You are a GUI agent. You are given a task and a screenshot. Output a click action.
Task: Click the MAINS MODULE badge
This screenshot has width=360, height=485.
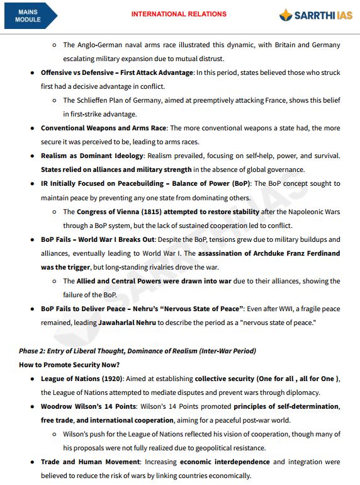[x=28, y=16]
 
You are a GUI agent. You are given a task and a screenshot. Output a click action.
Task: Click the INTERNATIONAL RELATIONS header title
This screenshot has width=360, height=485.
[x=179, y=14]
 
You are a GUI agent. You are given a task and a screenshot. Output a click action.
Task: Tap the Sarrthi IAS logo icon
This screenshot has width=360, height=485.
[x=286, y=15]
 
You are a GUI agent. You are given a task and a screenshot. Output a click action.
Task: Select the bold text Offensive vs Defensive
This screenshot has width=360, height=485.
[x=76, y=72]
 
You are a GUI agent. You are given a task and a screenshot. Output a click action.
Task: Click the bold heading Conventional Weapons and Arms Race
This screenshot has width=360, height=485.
[x=103, y=128]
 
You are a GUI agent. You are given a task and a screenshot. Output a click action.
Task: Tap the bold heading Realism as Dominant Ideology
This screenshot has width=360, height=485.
[x=92, y=156]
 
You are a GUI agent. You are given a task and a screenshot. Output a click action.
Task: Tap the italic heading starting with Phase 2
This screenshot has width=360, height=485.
[x=137, y=350]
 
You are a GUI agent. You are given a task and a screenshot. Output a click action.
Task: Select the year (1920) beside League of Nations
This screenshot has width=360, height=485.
[x=110, y=379]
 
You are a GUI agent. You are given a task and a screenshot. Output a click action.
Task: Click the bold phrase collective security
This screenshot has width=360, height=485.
[x=224, y=379]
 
